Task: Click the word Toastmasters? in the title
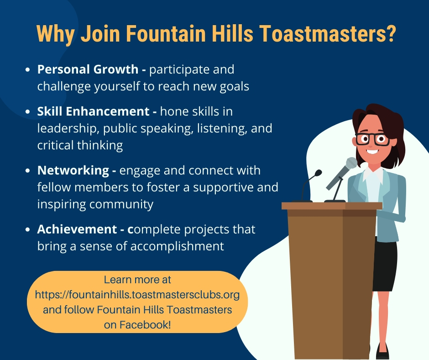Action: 327,33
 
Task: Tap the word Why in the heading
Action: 55,34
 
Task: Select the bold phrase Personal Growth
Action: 88,69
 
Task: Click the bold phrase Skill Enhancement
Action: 93,111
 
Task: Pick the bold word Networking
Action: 73,170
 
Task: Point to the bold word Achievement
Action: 77,229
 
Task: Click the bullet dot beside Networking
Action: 27,171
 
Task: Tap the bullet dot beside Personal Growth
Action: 27,69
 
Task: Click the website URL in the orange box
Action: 137,295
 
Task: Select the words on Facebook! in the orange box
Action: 137,325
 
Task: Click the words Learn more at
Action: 137,280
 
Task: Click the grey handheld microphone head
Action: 351,163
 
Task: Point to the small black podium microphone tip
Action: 318,173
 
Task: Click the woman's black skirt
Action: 385,266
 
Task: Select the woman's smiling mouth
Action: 372,151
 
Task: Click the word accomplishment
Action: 177,246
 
